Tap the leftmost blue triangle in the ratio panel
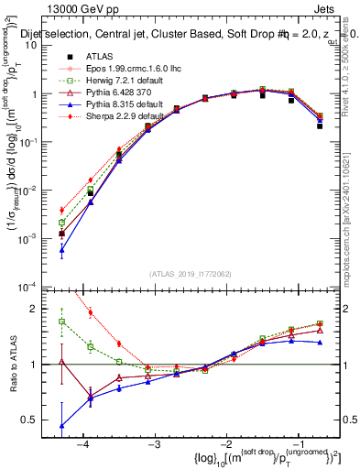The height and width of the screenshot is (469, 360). [x=61, y=426]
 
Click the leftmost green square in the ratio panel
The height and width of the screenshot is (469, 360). [x=61, y=322]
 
